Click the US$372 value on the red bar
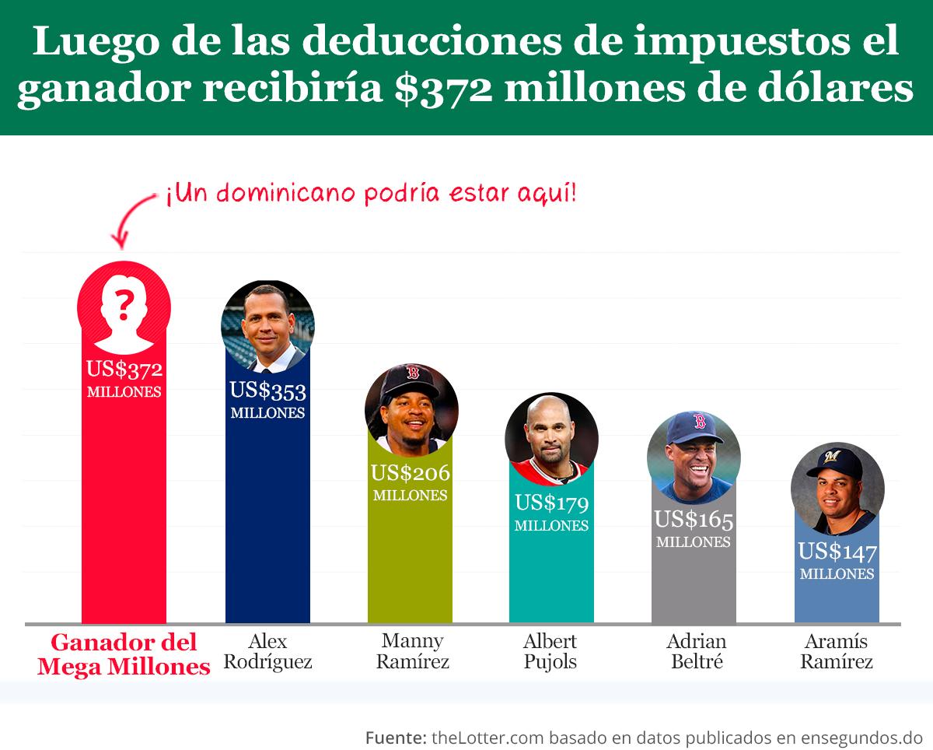(124, 370)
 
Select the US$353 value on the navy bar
(267, 391)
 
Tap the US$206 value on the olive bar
(410, 473)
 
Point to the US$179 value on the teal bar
(551, 503)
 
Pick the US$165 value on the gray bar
(694, 520)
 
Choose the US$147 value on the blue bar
(837, 552)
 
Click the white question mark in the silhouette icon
(123, 304)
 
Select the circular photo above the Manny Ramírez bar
(411, 410)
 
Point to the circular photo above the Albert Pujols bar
(551, 440)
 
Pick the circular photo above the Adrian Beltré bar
(694, 457)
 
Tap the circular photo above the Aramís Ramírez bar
(837, 489)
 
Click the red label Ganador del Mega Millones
(124, 654)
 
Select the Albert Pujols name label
(550, 652)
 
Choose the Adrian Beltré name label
(695, 652)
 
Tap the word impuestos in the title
(730, 43)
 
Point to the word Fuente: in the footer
(395, 736)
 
